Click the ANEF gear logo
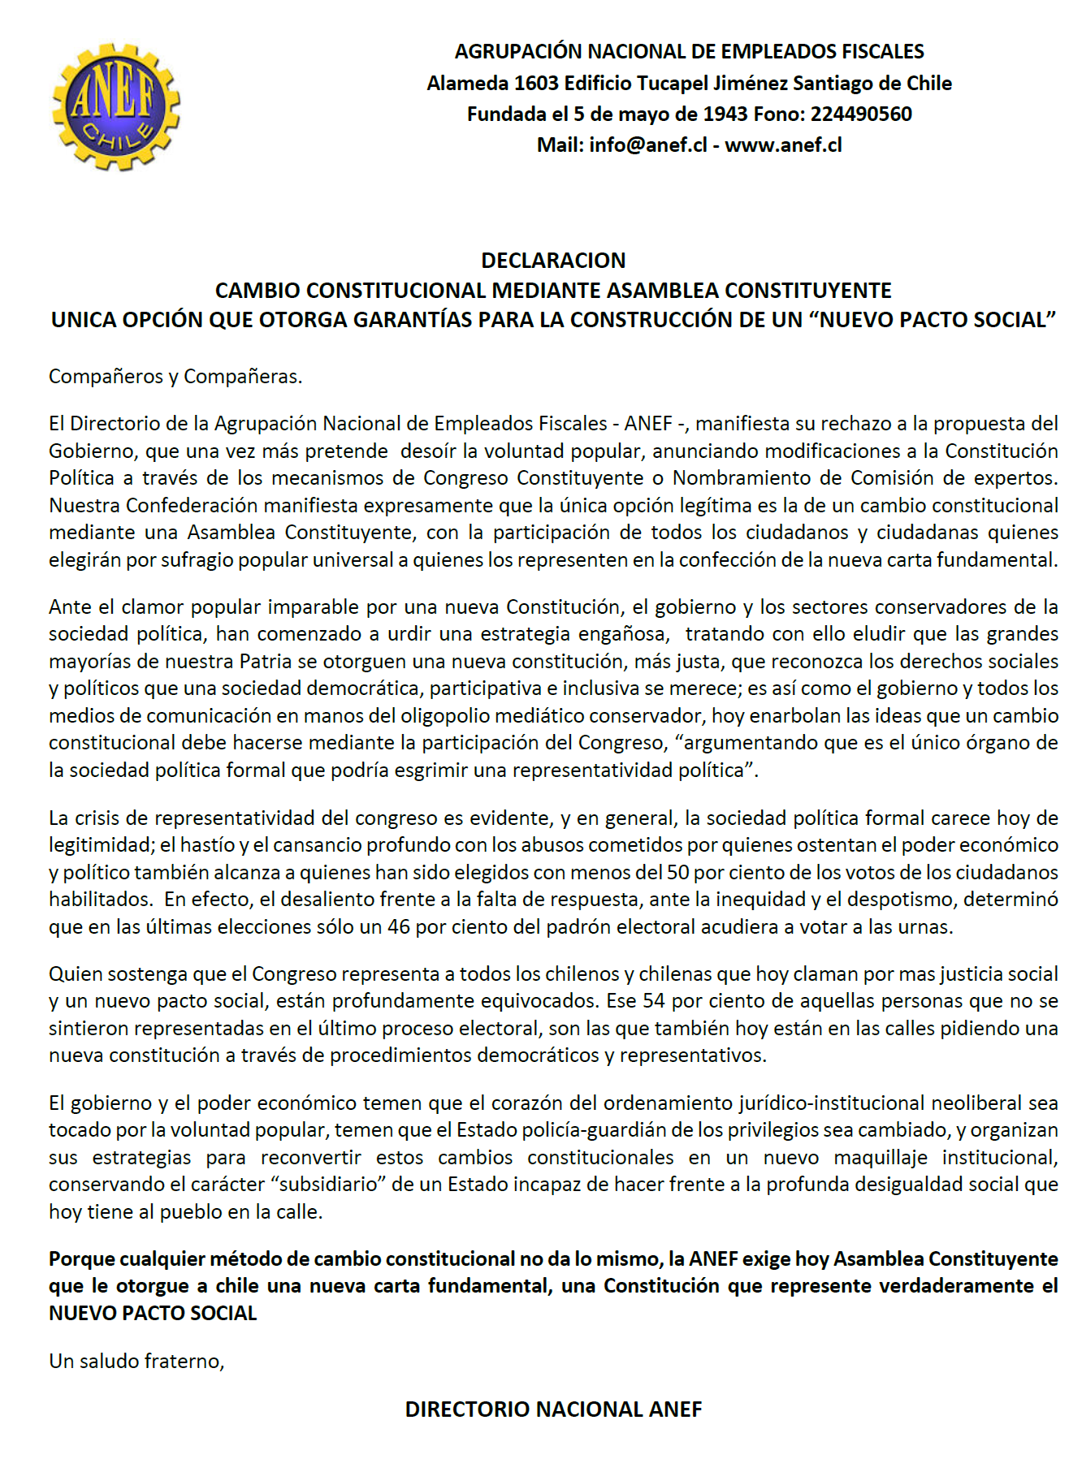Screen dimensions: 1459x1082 115,107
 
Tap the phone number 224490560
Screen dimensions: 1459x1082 861,114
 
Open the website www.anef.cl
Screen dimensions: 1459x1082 783,145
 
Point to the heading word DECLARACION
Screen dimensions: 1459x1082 553,261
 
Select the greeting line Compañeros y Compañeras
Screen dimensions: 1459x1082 175,377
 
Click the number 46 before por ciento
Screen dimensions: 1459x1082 399,927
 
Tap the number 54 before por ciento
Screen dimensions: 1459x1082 654,1001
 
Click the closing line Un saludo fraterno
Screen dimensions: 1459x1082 136,1362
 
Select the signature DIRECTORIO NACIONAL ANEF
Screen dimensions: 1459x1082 553,1409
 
